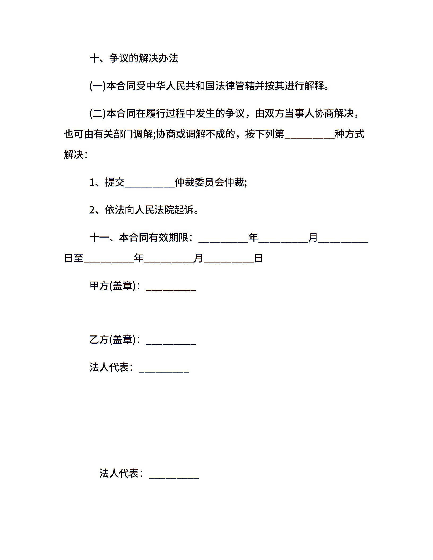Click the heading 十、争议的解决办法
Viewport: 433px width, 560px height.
134,58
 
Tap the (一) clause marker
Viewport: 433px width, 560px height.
98,86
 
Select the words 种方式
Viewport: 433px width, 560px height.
349,134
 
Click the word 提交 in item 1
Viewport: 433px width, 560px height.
115,182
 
